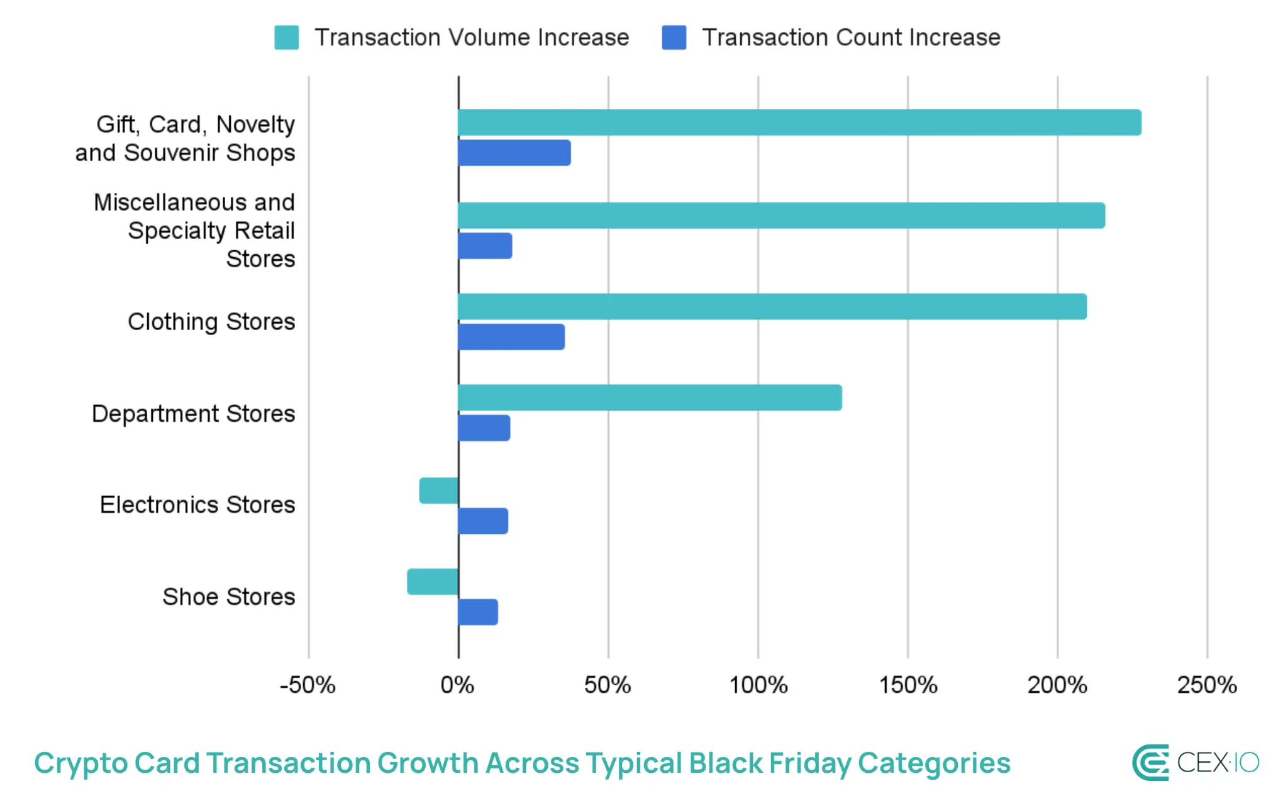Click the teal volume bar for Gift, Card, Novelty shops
point(799,123)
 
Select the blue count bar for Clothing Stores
point(511,337)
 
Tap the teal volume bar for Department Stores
point(650,397)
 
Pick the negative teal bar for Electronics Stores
point(438,490)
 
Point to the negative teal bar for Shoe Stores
point(433,582)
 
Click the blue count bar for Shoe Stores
point(478,612)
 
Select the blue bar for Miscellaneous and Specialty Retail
point(485,246)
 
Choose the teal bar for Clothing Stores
point(772,306)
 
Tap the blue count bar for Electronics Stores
point(483,521)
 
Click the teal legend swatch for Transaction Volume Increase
point(287,38)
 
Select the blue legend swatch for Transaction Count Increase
point(674,38)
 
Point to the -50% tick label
point(308,685)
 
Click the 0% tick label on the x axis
point(457,685)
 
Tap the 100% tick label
point(758,685)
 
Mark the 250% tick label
point(1207,685)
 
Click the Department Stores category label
point(194,414)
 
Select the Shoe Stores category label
point(229,596)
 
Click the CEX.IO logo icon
point(1150,763)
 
